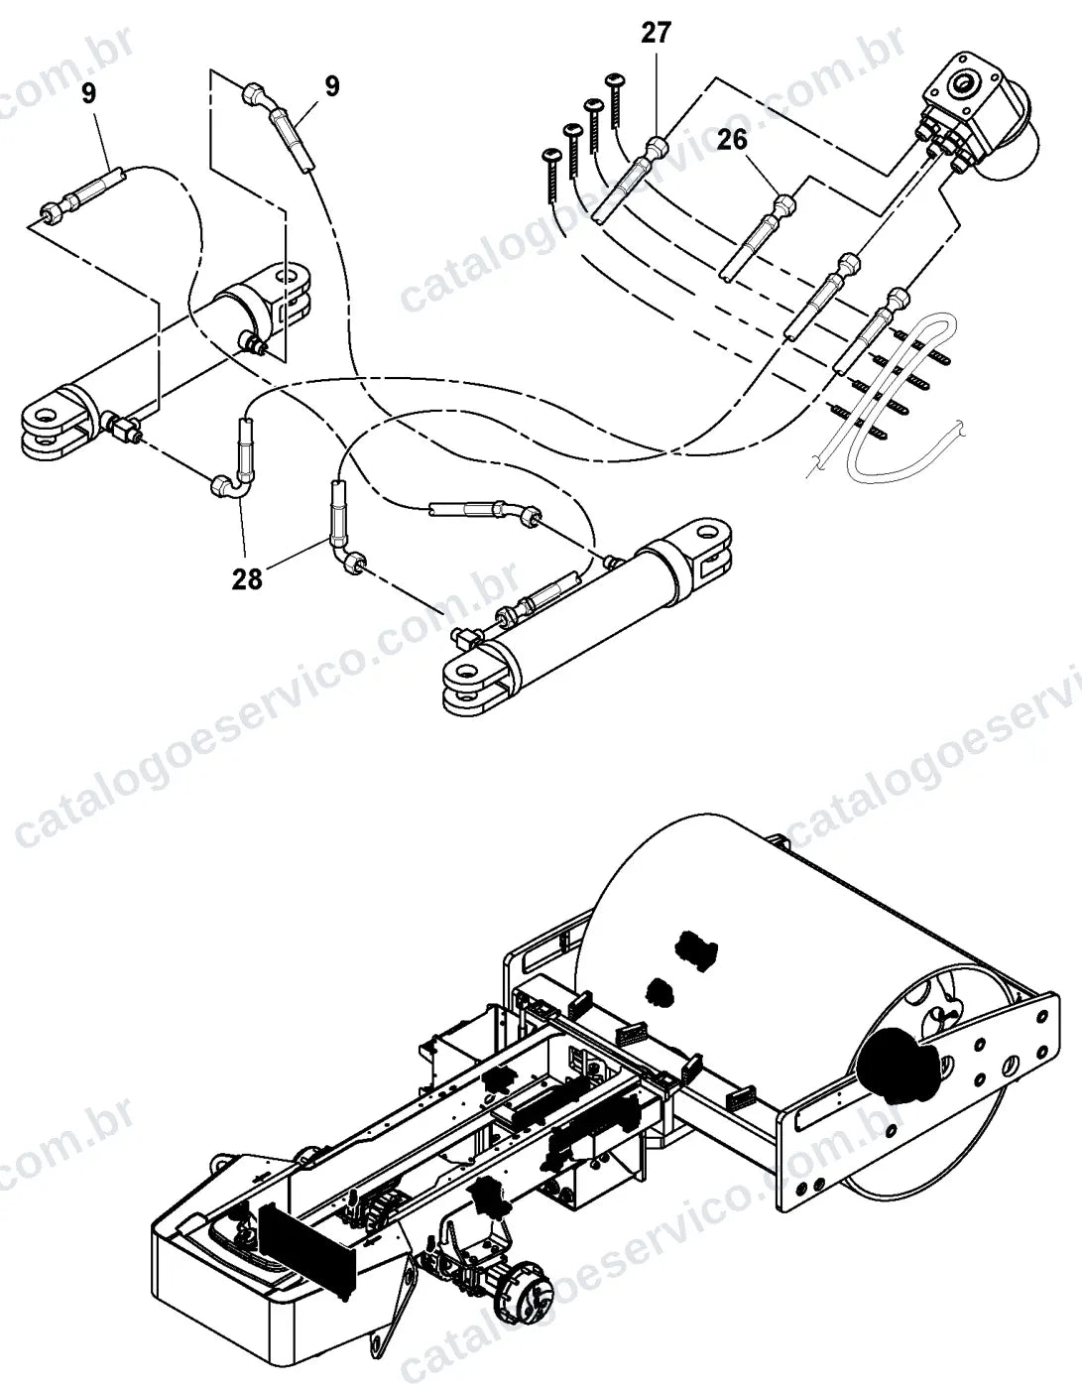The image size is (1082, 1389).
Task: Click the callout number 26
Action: point(732,139)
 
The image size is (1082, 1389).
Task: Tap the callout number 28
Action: point(247,578)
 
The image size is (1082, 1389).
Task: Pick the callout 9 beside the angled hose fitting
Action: point(332,85)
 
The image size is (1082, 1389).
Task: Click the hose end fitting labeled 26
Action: point(785,205)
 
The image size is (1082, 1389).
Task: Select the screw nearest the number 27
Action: point(616,100)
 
